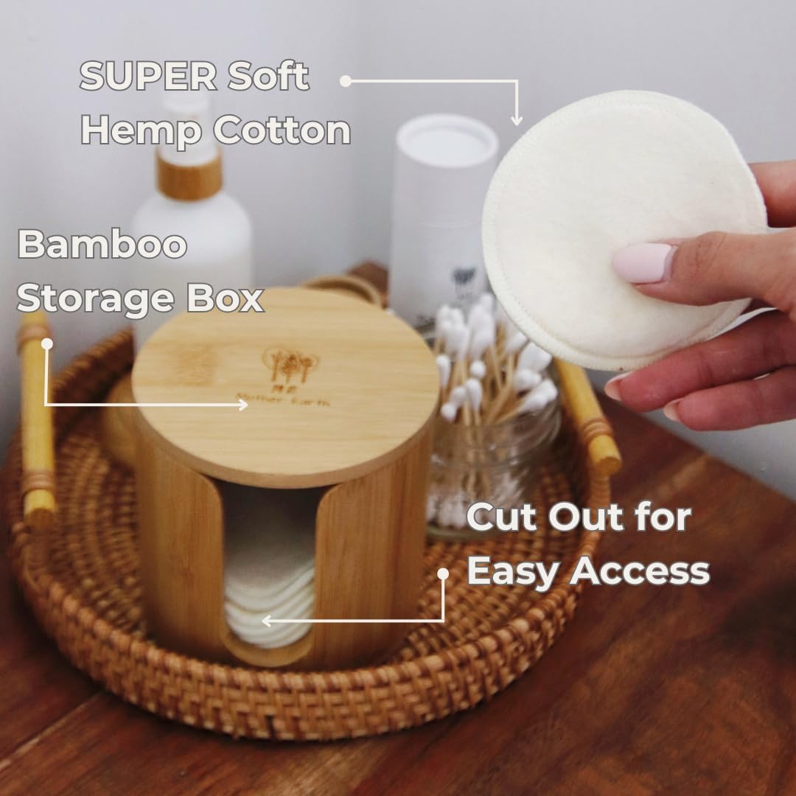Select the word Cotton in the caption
[x=282, y=130]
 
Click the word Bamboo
[x=102, y=245]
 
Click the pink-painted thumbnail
[x=643, y=263]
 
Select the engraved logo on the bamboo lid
[x=291, y=365]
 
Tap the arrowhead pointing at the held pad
[x=517, y=119]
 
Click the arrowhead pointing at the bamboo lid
[x=242, y=404]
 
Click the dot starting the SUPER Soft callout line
[x=346, y=80]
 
